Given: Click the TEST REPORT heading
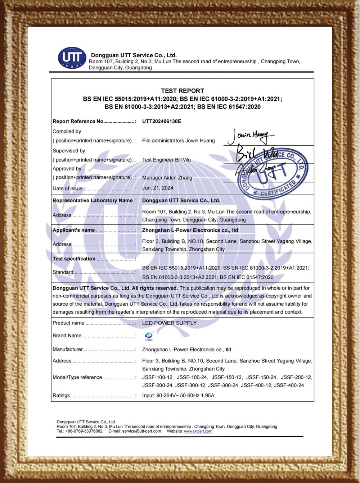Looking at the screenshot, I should tap(183, 91).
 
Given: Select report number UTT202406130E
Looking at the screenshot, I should tap(162, 121).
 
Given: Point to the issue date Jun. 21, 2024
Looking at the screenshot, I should tap(158, 188).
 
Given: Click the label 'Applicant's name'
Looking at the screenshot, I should tap(74, 230).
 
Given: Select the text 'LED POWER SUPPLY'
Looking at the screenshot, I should tap(169, 323).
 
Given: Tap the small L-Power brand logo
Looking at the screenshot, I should tap(149, 336).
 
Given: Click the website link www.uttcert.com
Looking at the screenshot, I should tap(198, 431).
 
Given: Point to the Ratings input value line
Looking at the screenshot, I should tap(179, 396).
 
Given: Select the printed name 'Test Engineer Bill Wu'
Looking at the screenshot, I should tap(166, 160).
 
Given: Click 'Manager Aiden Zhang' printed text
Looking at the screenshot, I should tap(167, 178).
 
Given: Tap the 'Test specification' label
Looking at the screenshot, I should tap(74, 259).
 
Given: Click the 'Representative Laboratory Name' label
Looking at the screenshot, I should tap(93, 200).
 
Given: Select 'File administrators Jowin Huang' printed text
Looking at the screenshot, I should tap(178, 141).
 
